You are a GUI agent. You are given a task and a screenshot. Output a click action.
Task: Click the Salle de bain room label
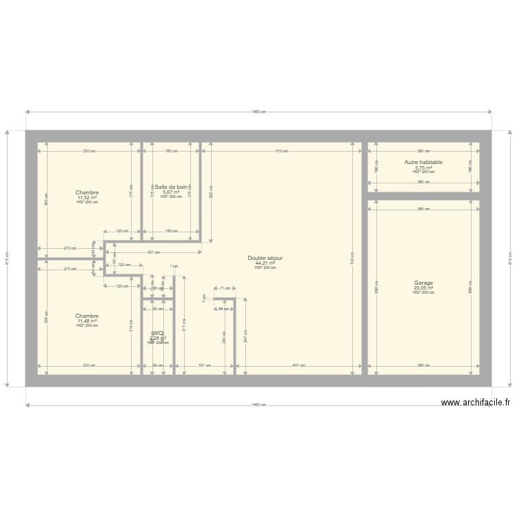[x=171, y=187]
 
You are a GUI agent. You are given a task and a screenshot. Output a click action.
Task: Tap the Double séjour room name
[x=265, y=258]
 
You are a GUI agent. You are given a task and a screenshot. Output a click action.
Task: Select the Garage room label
[x=423, y=283]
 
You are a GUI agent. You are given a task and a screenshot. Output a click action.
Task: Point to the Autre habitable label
[x=423, y=163]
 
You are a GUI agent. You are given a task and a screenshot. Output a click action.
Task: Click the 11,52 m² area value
[x=87, y=198]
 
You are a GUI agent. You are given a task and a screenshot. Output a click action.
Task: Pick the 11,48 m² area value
[x=87, y=321]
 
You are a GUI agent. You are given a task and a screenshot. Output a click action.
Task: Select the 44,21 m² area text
[x=265, y=263]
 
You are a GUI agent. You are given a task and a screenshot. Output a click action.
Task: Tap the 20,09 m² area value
[x=423, y=288]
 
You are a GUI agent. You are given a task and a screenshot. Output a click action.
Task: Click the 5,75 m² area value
[x=423, y=168]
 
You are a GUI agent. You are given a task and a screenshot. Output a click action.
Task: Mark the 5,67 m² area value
[x=171, y=192]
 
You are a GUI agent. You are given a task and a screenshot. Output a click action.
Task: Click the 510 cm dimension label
[x=281, y=150]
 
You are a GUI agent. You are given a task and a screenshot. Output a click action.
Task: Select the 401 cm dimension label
[x=298, y=366]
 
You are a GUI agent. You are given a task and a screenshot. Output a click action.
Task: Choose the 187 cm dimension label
[x=204, y=366]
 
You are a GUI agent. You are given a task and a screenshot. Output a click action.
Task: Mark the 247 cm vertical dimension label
[x=246, y=337]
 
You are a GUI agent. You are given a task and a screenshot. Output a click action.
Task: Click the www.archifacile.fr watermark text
[x=476, y=403]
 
